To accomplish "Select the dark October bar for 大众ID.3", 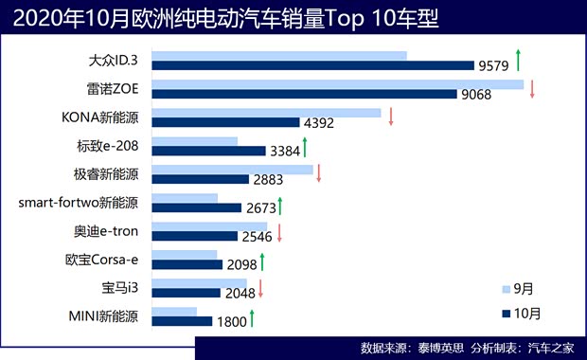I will tap(312, 65).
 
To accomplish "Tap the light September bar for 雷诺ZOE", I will tap(337, 84).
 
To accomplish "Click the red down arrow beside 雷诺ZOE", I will tap(533, 89).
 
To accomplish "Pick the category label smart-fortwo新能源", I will tap(79, 203).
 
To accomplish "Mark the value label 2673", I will tap(262, 208).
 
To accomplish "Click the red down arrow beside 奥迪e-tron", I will tap(280, 231).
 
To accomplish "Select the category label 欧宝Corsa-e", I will tap(101, 260).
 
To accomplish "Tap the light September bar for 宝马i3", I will tap(199, 283).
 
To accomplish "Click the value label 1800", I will tap(231, 322).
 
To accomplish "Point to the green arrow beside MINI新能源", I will tap(253, 316).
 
